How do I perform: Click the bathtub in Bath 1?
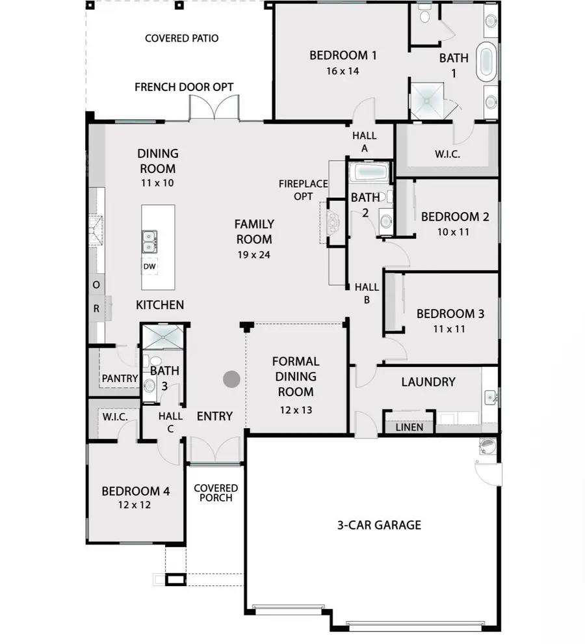coord(487,62)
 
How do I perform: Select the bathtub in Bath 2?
coord(369,173)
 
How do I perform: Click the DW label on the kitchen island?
coord(149,266)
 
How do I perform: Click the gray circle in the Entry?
coord(231,379)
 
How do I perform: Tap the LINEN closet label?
coord(409,427)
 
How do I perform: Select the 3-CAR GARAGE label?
coord(380,524)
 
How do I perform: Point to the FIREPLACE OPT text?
coord(303,190)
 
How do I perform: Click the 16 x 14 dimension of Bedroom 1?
coord(343,71)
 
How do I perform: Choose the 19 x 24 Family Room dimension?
coord(254,254)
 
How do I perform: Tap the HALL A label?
coord(364,142)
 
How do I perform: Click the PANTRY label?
coord(120,378)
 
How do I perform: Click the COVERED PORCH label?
coord(216,492)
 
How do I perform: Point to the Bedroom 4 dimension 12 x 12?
coord(135,505)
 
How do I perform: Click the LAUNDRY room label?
coord(428,382)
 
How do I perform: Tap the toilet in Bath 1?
coord(424,16)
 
